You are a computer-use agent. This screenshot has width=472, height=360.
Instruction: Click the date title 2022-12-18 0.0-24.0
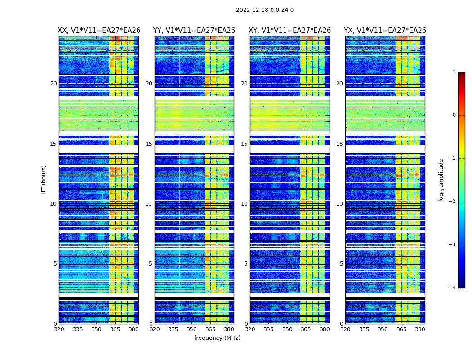(264, 10)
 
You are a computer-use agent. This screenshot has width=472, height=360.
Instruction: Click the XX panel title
(99, 31)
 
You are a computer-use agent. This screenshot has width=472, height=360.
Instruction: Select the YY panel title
(194, 31)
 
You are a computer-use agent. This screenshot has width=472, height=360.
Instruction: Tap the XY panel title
(290, 31)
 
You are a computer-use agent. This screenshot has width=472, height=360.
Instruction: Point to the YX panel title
(385, 31)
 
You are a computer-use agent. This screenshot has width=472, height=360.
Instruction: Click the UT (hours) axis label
(44, 180)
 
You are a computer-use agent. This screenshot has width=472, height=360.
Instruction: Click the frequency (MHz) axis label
(217, 338)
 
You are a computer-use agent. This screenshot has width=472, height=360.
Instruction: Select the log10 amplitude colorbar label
(441, 180)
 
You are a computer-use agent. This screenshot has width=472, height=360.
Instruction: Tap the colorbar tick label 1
(454, 72)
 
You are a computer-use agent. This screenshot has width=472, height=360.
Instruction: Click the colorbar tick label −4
(453, 288)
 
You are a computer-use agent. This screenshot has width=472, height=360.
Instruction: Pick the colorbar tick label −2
(453, 202)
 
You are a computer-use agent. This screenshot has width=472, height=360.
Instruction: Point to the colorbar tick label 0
(454, 115)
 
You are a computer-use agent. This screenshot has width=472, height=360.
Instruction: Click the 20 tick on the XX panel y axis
(53, 84)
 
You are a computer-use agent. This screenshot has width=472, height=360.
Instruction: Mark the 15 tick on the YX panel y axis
(340, 144)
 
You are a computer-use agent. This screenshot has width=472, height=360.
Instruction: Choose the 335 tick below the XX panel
(78, 329)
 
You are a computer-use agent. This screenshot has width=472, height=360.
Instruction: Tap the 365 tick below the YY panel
(210, 329)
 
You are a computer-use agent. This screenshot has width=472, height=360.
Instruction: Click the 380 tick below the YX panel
(420, 329)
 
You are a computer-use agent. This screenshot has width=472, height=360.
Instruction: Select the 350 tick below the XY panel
(287, 329)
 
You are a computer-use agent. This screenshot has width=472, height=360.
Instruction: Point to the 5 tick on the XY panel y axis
(246, 264)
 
